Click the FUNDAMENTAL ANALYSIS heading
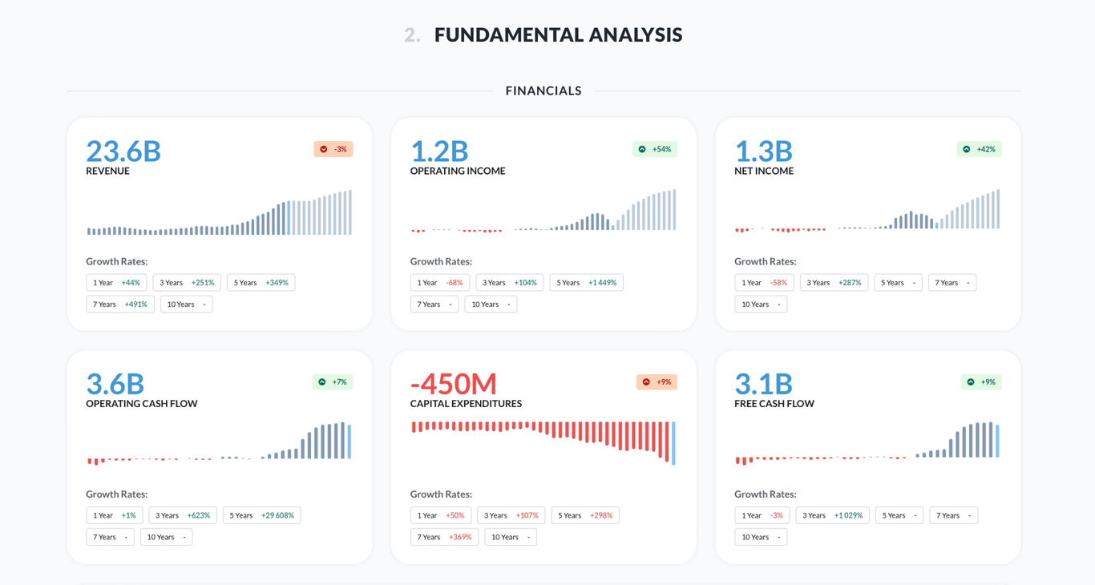pos(558,34)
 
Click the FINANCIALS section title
pos(543,91)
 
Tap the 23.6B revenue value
pos(123,151)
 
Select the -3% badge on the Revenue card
pos(333,149)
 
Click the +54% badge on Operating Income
pos(655,149)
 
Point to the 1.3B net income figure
pos(763,151)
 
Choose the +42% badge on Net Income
pos(979,149)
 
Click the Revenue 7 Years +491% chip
pos(120,305)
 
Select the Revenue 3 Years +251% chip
pos(187,283)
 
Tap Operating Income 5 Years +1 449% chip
pos(586,283)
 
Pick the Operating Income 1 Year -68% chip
pos(439,283)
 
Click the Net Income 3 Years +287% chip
pos(834,283)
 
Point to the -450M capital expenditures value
pos(454,384)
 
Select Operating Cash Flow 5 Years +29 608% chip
pos(261,515)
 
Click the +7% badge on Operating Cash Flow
pos(333,382)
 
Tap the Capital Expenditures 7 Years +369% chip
pos(444,537)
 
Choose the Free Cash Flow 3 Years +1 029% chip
pos(832,515)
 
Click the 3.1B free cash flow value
pos(763,384)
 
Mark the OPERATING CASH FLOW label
pos(142,404)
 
